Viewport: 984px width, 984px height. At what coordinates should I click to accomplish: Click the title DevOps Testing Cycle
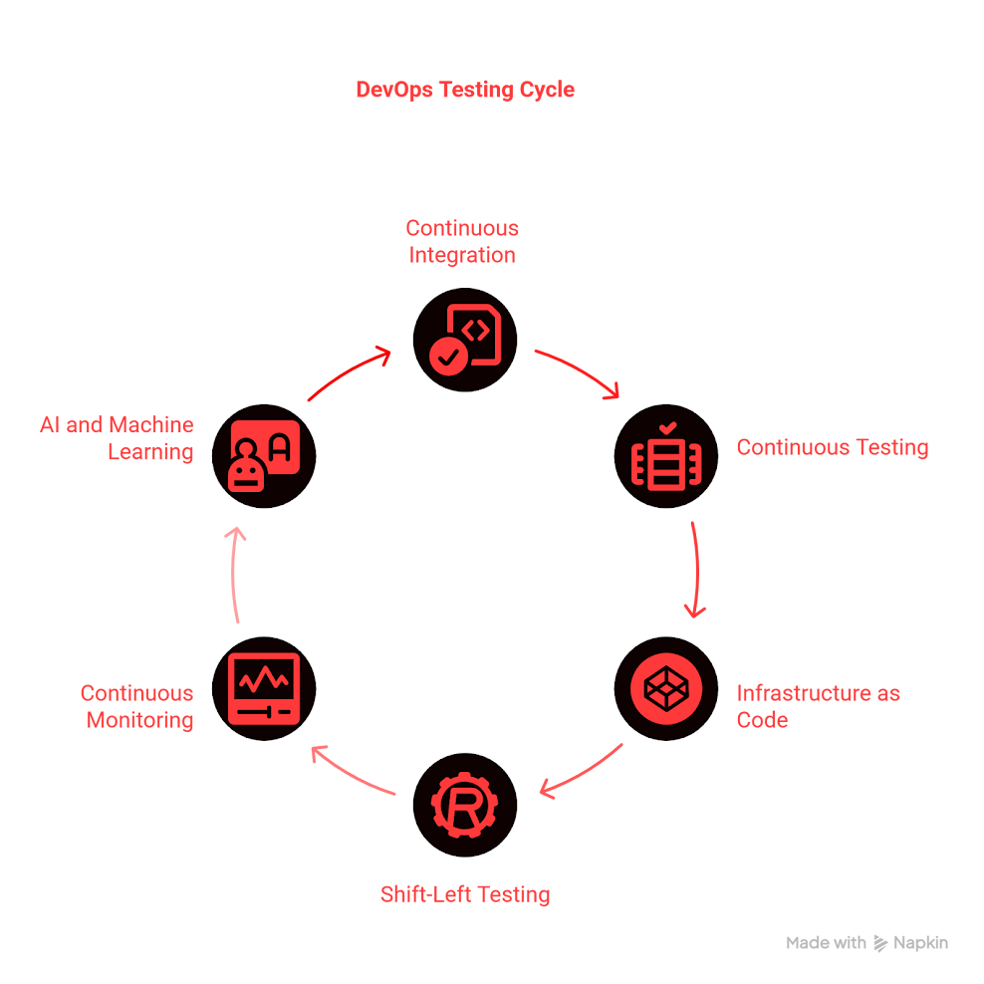click(465, 90)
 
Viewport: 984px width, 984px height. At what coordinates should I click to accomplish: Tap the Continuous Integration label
click(462, 242)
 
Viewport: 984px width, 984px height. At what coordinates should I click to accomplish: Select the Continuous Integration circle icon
click(465, 339)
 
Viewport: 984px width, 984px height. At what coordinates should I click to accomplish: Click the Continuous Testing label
click(832, 448)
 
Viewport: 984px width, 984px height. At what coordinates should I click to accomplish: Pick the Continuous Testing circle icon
click(664, 456)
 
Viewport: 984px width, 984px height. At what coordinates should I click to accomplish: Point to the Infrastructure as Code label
click(818, 706)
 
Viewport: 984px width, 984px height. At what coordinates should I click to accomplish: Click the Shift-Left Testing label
click(465, 894)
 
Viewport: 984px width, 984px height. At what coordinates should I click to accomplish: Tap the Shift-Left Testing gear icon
click(465, 806)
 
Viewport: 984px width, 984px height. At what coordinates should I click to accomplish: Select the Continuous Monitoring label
click(137, 706)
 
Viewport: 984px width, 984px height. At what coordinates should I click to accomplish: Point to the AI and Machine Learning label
click(117, 438)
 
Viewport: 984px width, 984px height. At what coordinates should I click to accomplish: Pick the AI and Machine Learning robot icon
click(264, 456)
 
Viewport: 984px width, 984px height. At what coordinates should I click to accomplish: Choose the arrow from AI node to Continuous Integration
click(350, 371)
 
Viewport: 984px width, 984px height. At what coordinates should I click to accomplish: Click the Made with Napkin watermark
click(866, 943)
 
